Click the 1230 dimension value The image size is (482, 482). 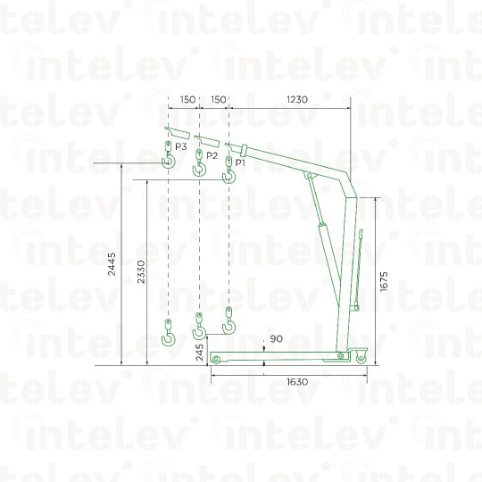tap(297, 99)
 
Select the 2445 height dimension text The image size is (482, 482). tap(112, 263)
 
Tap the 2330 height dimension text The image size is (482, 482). tap(141, 271)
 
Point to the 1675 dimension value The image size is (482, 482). tap(384, 281)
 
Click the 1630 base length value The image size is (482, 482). tap(297, 382)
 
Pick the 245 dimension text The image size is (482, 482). tap(200, 353)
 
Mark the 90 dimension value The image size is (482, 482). tap(277, 339)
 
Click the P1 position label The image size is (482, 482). tap(240, 162)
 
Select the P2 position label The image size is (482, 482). tap(212, 155)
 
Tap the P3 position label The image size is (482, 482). tap(180, 146)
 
